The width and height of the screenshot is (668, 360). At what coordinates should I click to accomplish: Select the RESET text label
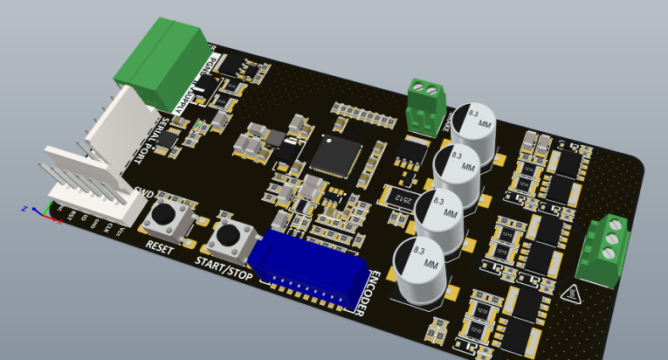pos(160,247)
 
